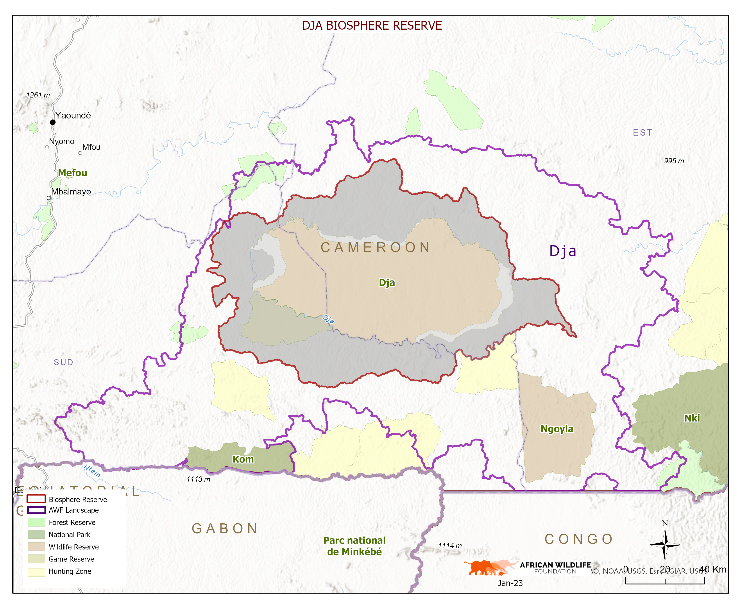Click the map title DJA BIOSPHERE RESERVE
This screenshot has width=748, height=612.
[372, 26]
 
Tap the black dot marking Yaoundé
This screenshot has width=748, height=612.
[52, 122]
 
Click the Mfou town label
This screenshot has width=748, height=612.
[91, 147]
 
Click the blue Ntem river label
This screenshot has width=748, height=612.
[92, 471]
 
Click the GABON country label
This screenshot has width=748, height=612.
[225, 528]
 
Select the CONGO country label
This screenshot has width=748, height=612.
[578, 539]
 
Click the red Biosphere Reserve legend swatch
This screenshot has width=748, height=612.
[36, 499]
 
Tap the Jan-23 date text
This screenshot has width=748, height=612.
[510, 583]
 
